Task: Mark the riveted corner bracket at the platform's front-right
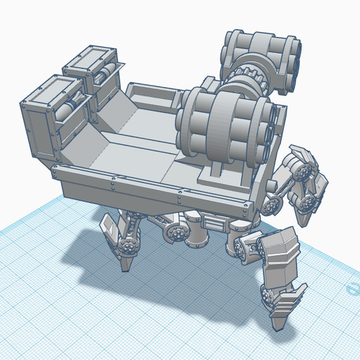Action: coord(244,206)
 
